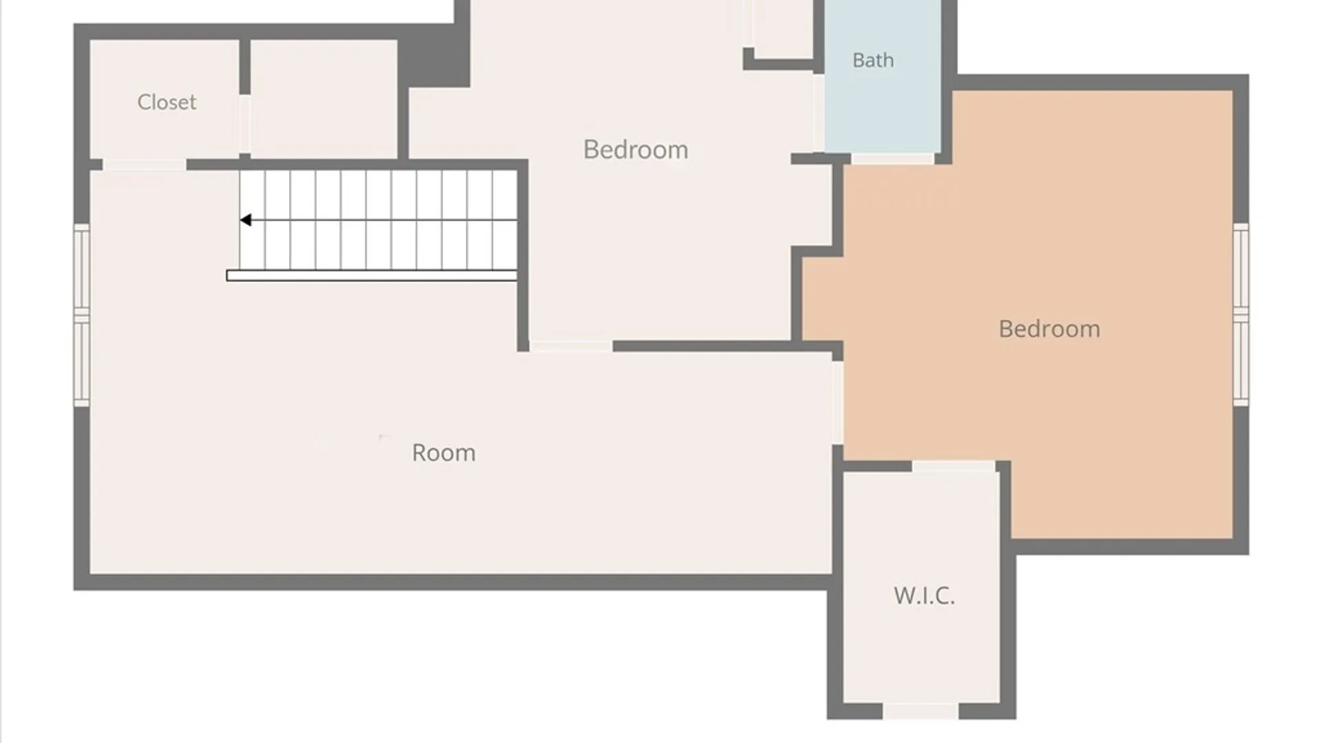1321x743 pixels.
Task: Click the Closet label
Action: pyautogui.click(x=167, y=103)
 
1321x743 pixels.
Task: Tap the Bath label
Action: pyautogui.click(x=873, y=61)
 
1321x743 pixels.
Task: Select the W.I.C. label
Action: pyautogui.click(x=924, y=596)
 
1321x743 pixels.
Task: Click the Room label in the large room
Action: pyautogui.click(x=444, y=453)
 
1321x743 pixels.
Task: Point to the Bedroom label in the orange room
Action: pyautogui.click(x=1049, y=329)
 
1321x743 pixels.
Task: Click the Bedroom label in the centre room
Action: pyautogui.click(x=636, y=150)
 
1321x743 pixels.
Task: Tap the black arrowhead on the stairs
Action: pyautogui.click(x=246, y=220)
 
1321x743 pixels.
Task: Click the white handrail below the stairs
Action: pyautogui.click(x=372, y=276)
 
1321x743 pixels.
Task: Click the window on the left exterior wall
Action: pyautogui.click(x=82, y=314)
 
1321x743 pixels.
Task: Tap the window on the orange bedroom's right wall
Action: pyautogui.click(x=1241, y=314)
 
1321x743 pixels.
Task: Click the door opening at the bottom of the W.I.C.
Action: pyautogui.click(x=921, y=711)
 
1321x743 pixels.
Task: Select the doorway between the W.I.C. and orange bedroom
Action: pyautogui.click(x=954, y=466)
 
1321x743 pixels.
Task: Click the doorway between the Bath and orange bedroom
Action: pyautogui.click(x=892, y=159)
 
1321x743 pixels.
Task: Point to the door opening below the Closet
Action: pyautogui.click(x=144, y=165)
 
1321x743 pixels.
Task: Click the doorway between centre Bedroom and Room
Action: pyautogui.click(x=570, y=347)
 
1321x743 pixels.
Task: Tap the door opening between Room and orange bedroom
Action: pyautogui.click(x=838, y=403)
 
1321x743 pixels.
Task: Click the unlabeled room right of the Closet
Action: pyautogui.click(x=323, y=99)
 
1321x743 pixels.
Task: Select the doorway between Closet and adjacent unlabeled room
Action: pyautogui.click(x=244, y=125)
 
